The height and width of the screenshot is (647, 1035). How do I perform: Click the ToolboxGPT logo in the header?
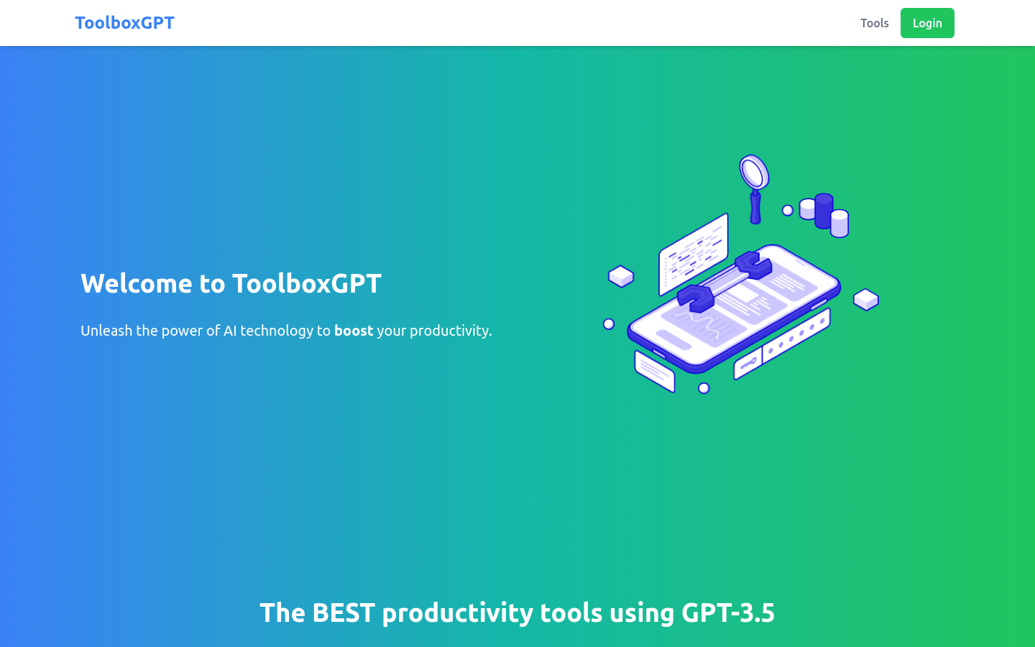coord(124,23)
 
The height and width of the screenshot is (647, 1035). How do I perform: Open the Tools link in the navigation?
coord(874,23)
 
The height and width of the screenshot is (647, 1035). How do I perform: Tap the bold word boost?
coord(354,331)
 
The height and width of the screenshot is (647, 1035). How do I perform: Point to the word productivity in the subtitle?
coord(449,331)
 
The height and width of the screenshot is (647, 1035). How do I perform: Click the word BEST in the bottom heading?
coord(344,613)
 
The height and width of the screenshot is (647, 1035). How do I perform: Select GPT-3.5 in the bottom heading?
coord(727,613)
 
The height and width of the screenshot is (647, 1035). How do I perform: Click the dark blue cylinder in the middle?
coord(824,211)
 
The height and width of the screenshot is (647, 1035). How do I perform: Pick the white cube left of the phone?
coord(621,276)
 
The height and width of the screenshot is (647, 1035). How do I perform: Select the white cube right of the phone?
coord(866,299)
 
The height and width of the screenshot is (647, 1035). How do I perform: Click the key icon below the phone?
coord(747,363)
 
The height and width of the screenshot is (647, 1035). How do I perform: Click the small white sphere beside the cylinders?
coord(788,211)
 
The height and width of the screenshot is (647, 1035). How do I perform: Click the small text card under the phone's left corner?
coord(654,371)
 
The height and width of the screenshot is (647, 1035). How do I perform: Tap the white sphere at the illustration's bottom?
coord(704,388)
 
